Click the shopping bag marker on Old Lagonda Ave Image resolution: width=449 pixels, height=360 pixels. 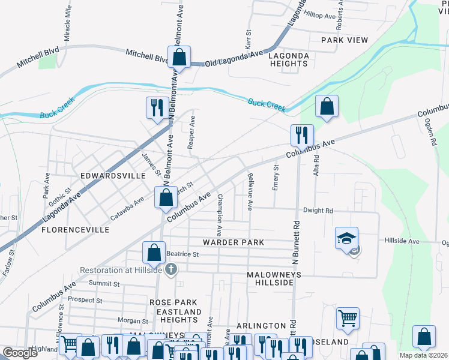179,58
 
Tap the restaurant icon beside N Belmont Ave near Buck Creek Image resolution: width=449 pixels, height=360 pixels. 157,108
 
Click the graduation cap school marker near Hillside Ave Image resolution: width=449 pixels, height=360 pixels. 346,238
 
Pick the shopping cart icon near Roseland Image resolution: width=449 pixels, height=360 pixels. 348,318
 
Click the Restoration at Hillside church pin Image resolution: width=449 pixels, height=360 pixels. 171,268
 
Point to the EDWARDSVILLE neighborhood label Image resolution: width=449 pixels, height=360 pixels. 113,176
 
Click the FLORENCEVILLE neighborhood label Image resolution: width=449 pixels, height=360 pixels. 75,230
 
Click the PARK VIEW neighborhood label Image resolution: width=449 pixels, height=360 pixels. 344,40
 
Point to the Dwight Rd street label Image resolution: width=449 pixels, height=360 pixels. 318,211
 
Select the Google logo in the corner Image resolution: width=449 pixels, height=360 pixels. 20,353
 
